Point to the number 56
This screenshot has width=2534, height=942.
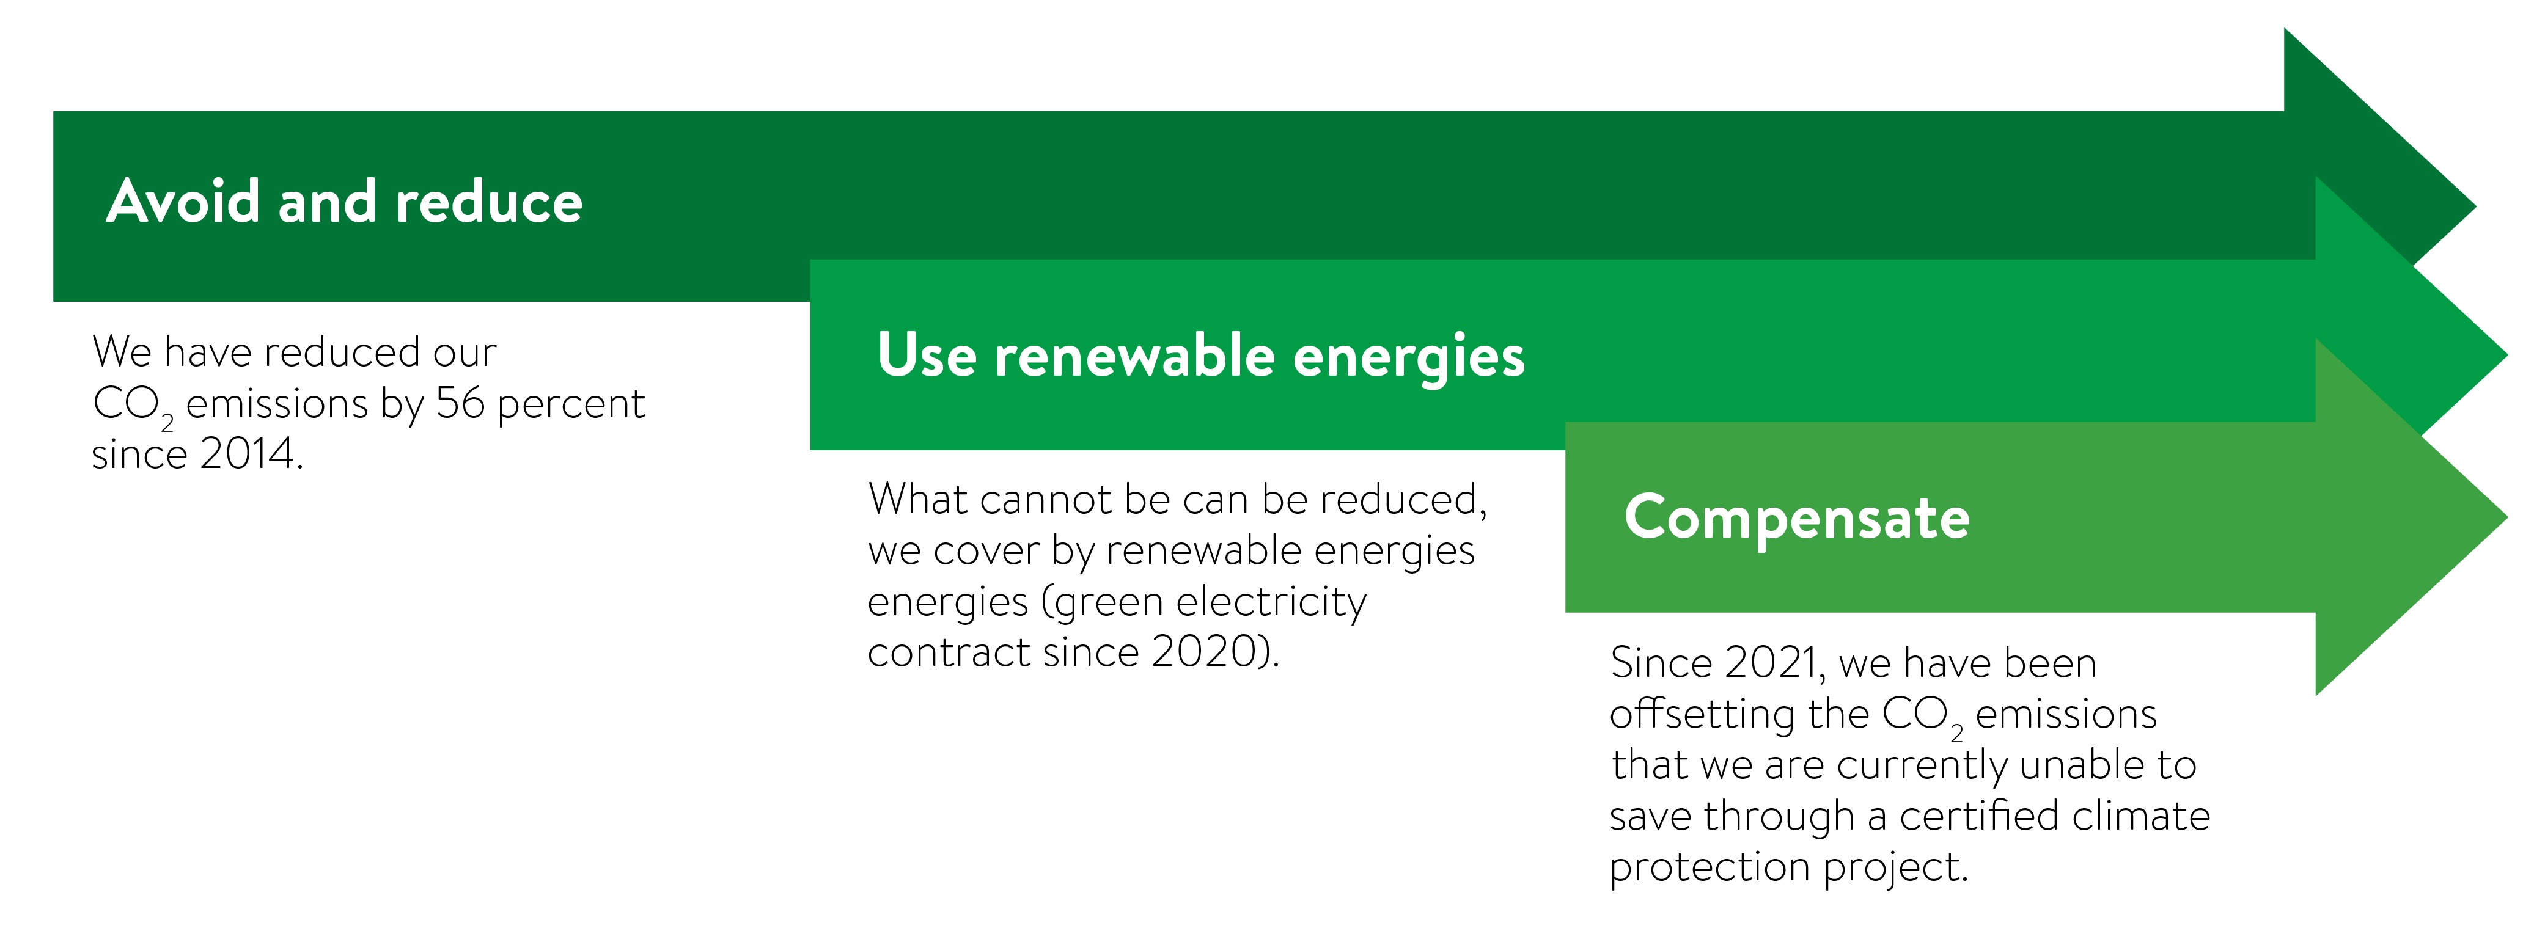460,403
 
